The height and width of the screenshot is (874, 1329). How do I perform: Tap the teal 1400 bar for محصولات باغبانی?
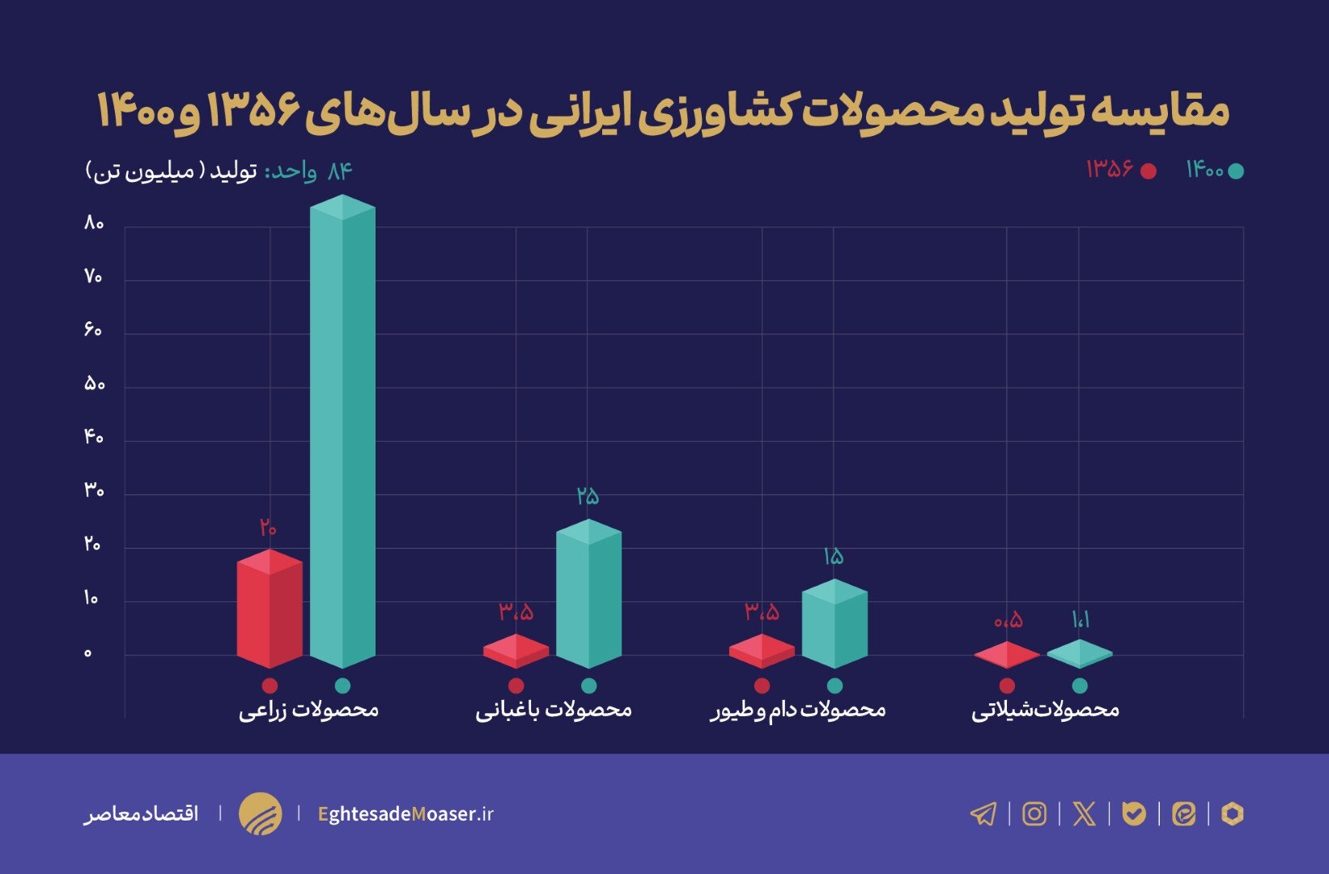coord(588,595)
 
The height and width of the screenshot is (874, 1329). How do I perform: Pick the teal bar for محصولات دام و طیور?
coord(834,625)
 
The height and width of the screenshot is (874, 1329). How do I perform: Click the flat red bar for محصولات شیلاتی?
coord(1007,655)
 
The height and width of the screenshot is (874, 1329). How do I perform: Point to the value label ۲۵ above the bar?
coord(588,495)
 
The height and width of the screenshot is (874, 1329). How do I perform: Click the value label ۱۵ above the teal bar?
coord(834,556)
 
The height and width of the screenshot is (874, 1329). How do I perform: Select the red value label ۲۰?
coord(269,528)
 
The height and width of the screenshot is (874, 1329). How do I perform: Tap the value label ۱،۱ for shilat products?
coord(1081,620)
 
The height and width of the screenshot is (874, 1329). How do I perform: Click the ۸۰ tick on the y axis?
coord(94,223)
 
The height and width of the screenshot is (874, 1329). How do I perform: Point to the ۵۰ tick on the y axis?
coord(94,384)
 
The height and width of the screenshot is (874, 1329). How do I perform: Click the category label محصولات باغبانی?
coord(554,710)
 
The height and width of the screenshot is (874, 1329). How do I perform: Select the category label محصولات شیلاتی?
coord(1045,710)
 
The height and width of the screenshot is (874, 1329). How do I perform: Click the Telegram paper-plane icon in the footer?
coord(983,813)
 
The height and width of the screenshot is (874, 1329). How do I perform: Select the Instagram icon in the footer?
coord(1034,813)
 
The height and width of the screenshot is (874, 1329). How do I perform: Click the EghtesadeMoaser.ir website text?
coord(405,813)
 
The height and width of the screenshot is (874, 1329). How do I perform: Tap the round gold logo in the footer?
coord(261,813)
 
